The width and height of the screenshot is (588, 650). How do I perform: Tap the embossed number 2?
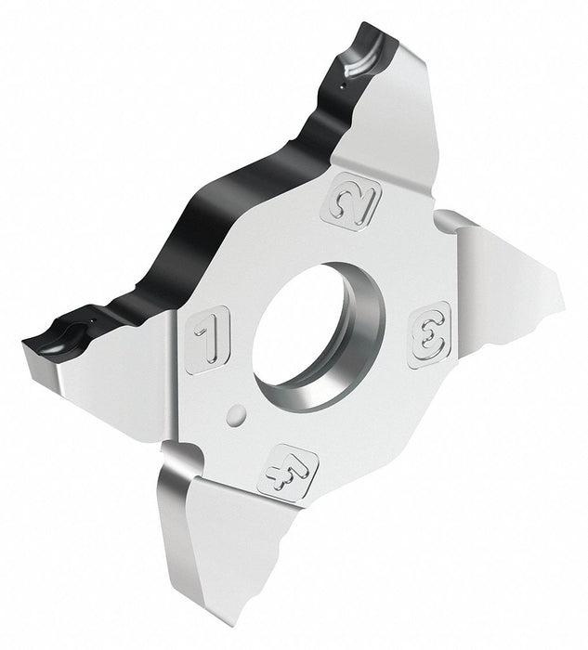[356, 201]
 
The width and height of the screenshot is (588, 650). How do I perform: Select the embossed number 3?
[429, 334]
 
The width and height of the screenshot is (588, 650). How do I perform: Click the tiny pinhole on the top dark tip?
[342, 86]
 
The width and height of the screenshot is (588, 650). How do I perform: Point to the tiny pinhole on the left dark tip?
[93, 319]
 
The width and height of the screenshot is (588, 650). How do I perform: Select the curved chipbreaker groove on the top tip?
[365, 58]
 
